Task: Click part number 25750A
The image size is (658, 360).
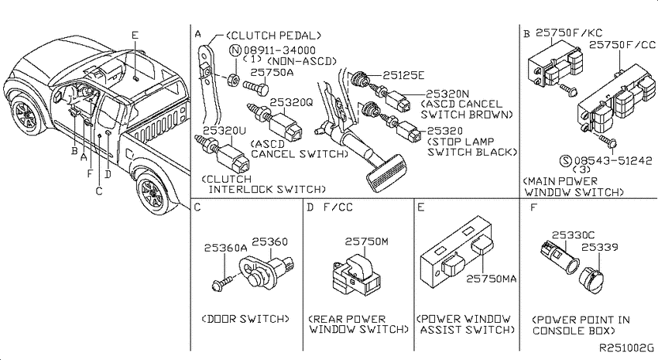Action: (272, 72)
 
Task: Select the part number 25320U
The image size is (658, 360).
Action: (224, 131)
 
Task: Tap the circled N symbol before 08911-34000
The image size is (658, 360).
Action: (235, 51)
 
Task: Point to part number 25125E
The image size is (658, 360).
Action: (403, 75)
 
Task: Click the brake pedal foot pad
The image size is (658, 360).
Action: (385, 172)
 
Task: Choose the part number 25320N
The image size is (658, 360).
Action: (447, 94)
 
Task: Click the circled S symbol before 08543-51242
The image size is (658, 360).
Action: (567, 160)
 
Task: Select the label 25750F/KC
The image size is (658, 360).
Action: (569, 33)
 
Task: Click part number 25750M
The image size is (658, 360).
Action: (366, 242)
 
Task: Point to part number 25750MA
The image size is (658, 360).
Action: (491, 278)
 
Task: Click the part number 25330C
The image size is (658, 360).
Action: (573, 235)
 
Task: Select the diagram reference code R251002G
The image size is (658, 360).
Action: (626, 348)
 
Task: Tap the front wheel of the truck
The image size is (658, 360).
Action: (26, 114)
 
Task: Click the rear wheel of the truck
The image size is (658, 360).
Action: (153, 194)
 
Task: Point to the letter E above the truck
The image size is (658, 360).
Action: (135, 36)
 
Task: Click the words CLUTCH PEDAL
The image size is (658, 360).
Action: (273, 36)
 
